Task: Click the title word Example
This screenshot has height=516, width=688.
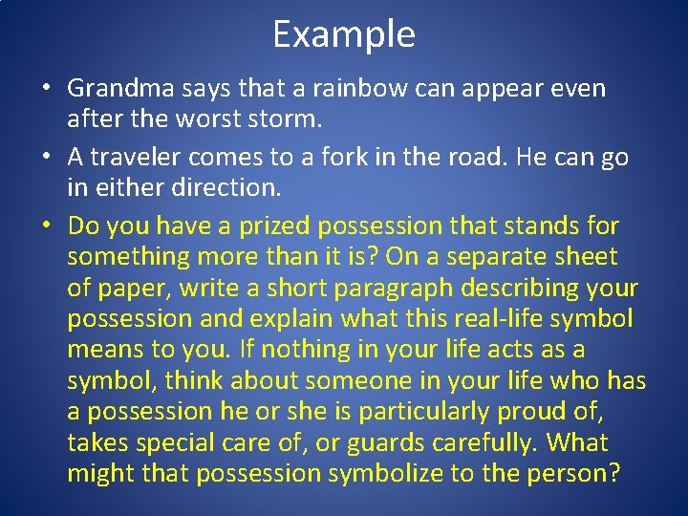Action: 344,35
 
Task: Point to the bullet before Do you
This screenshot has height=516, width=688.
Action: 46,227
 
